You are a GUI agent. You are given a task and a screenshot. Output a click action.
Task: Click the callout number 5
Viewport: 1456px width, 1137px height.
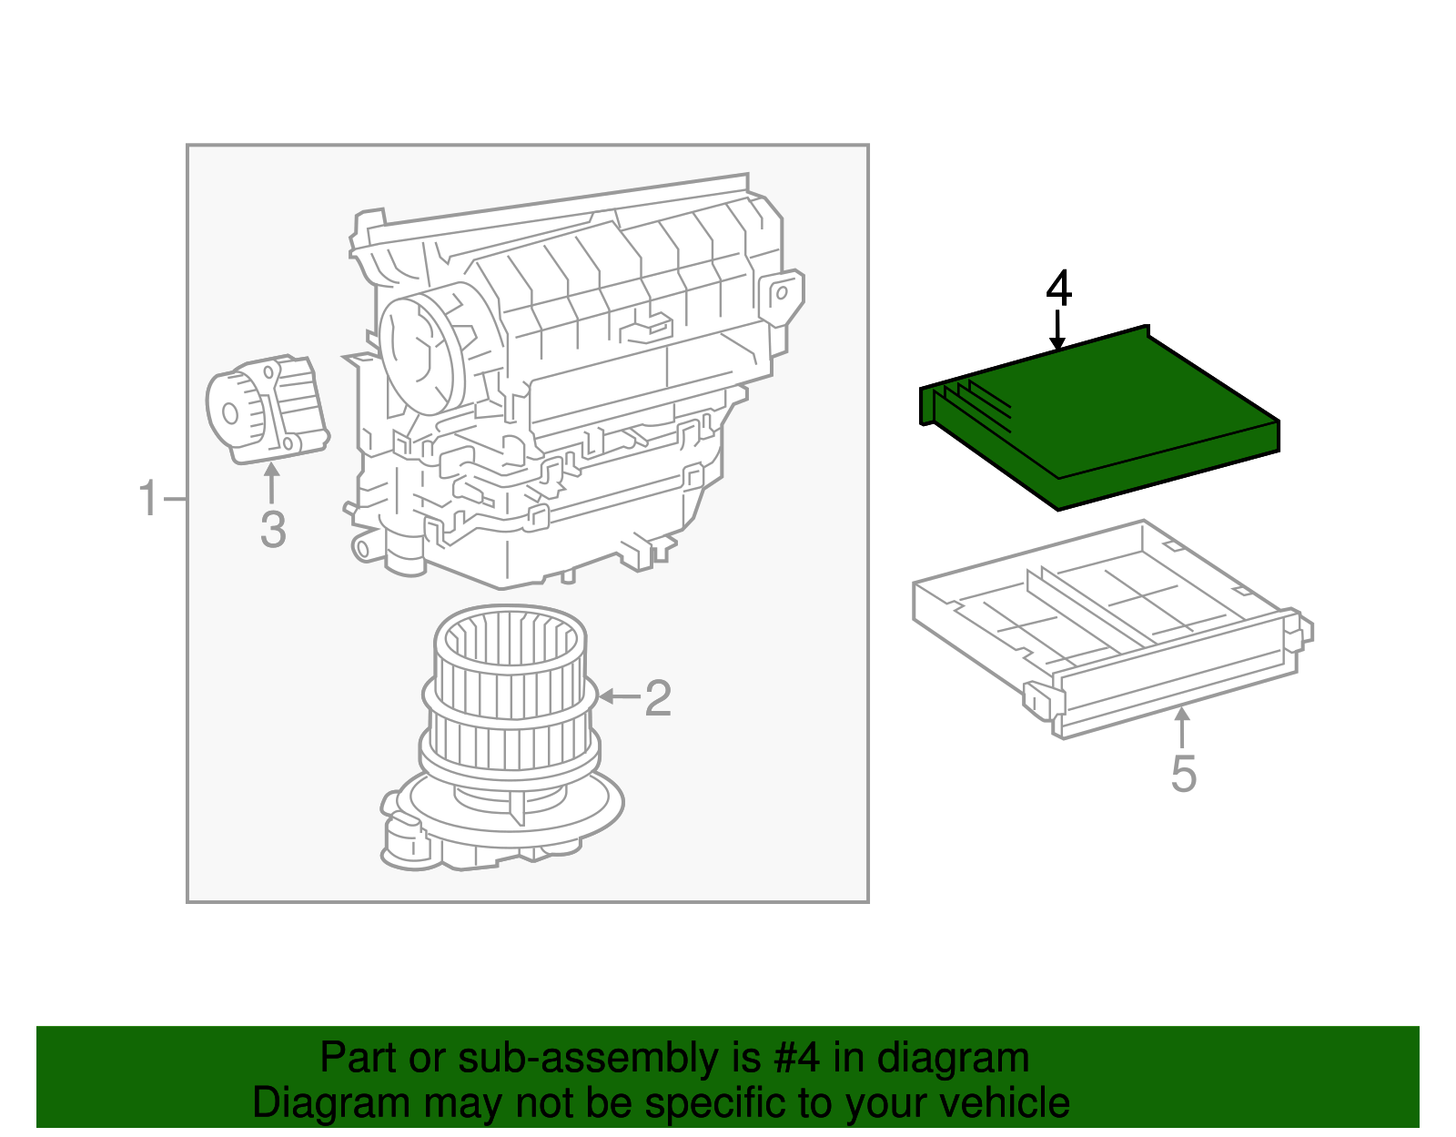pos(1183,774)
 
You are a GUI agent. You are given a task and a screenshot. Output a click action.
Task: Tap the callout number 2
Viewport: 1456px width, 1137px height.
pos(658,698)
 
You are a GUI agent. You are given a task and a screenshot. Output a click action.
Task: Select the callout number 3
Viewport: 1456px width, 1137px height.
pos(273,530)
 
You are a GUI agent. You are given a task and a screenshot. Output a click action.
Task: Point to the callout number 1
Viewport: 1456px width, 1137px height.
pos(148,500)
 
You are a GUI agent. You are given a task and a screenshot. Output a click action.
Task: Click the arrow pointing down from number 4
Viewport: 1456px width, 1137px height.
pos(1057,330)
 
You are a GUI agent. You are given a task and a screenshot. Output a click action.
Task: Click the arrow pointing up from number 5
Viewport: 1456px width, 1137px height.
pos(1182,728)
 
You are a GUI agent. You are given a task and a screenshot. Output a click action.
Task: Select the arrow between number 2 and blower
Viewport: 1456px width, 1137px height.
pos(619,697)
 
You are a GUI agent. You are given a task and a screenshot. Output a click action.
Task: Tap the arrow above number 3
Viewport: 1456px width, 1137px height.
pos(271,482)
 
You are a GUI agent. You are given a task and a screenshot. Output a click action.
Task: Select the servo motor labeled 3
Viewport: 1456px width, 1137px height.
pos(268,410)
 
